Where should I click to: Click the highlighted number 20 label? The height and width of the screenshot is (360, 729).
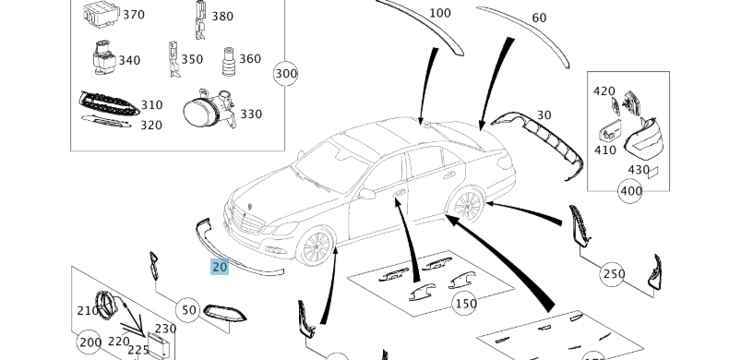click(x=220, y=267)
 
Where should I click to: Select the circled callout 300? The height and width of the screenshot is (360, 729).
click(x=286, y=74)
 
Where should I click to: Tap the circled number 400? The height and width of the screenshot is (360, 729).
click(x=630, y=191)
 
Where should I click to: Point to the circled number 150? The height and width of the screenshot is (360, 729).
click(x=465, y=303)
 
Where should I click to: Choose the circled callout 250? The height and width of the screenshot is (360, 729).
click(x=614, y=274)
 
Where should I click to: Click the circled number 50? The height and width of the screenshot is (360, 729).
click(x=189, y=310)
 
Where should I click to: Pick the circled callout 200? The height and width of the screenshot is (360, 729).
click(x=89, y=342)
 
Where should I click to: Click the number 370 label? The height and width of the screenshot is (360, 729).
click(x=134, y=15)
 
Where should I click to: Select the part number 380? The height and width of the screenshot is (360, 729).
click(x=222, y=16)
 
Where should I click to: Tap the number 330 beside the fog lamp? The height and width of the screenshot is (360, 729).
click(x=251, y=114)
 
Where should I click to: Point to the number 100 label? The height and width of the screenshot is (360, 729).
click(x=440, y=13)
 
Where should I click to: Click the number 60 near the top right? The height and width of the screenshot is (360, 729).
click(x=539, y=18)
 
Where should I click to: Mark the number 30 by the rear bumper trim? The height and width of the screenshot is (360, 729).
click(x=544, y=115)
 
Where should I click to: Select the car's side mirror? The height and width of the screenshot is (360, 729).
click(x=367, y=195)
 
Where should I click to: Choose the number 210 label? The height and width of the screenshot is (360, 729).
click(x=88, y=310)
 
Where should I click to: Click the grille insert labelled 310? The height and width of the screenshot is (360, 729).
click(x=109, y=102)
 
